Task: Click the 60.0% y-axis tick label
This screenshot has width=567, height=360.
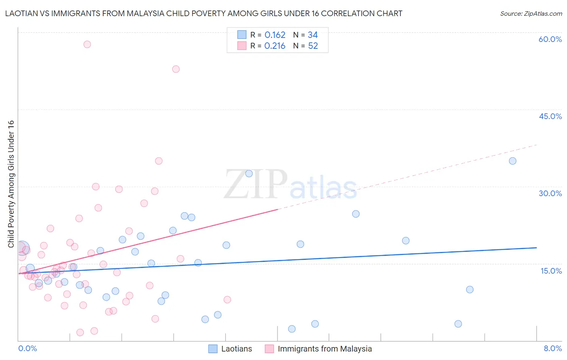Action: (550, 39)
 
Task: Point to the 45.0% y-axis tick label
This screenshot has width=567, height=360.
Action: (550, 116)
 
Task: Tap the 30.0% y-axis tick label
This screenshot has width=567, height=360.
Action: (550, 193)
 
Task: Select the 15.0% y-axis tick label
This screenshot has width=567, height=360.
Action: (551, 271)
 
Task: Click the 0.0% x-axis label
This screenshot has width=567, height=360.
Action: (27, 348)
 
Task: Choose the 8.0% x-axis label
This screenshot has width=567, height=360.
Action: (552, 348)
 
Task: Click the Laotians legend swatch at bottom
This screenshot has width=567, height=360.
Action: (213, 349)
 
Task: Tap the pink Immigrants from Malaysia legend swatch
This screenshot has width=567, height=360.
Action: (269, 349)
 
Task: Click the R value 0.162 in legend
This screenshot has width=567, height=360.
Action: (275, 35)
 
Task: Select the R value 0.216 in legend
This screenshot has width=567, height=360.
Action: (275, 46)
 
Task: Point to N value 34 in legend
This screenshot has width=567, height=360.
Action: (313, 35)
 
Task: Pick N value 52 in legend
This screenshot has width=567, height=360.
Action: (313, 46)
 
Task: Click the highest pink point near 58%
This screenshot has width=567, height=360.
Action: (87, 44)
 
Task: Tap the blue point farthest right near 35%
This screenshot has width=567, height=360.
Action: (513, 161)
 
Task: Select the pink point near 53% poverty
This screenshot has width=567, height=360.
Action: (176, 69)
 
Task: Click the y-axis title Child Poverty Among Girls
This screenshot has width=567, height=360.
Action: (11, 184)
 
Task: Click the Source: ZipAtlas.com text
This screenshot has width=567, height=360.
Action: (531, 14)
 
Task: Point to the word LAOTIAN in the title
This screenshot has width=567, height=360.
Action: (22, 14)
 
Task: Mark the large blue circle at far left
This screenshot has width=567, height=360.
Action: (22, 247)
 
